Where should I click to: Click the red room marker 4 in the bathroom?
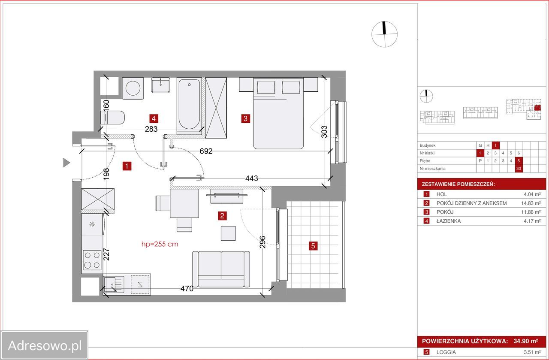(154, 119)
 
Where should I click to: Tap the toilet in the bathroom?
(112, 118)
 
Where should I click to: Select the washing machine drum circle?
(133, 88)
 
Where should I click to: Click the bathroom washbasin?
(160, 85)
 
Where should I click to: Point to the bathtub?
(189, 104)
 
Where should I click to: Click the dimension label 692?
(206, 151)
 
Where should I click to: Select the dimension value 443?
(252, 178)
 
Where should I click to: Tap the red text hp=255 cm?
(160, 244)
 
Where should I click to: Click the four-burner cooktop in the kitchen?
(92, 260)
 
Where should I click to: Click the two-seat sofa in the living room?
(221, 269)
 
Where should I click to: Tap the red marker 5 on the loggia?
(313, 246)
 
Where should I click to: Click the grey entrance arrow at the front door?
(66, 163)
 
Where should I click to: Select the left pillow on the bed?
(266, 87)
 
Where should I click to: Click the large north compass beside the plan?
(384, 34)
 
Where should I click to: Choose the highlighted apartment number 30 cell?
(519, 169)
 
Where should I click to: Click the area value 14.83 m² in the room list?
(531, 203)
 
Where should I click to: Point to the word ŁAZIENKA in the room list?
(449, 221)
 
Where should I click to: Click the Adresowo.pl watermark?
(45, 345)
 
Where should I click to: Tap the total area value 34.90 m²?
(526, 341)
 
